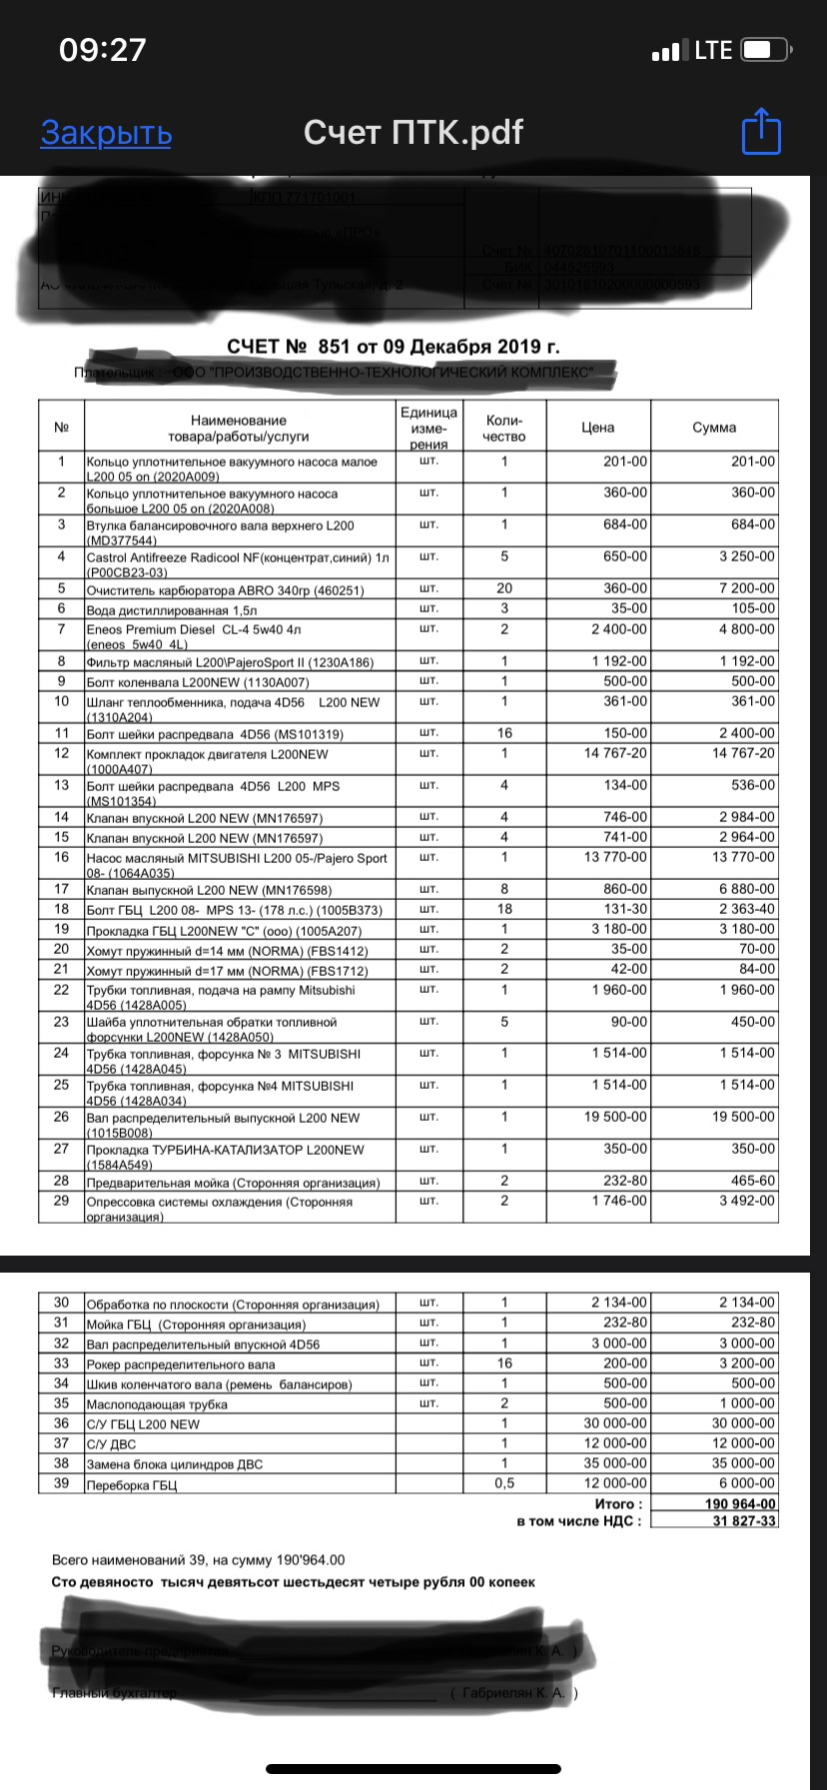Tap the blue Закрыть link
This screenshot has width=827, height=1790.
[x=106, y=133]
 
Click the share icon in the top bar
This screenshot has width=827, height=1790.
[x=761, y=132]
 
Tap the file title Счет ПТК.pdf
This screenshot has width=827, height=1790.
[x=413, y=132]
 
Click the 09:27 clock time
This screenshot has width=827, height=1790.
[x=103, y=50]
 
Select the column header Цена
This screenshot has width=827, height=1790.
[x=597, y=428]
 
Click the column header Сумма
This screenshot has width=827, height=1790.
[x=714, y=428]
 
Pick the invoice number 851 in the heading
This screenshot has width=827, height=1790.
[x=337, y=347]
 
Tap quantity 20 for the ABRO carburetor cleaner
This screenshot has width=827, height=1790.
[x=504, y=588]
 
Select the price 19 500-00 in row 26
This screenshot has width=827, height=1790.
[x=610, y=1117]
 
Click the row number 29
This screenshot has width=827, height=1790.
[x=62, y=1201]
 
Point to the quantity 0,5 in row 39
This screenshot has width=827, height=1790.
[x=504, y=1483]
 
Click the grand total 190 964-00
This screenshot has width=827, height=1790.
[x=740, y=1503]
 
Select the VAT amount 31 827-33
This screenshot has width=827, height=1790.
[x=744, y=1521]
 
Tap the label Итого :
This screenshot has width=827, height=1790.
[x=619, y=1503]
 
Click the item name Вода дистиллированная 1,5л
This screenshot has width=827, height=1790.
[x=172, y=609]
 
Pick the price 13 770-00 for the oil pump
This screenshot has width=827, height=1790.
[x=610, y=857]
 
